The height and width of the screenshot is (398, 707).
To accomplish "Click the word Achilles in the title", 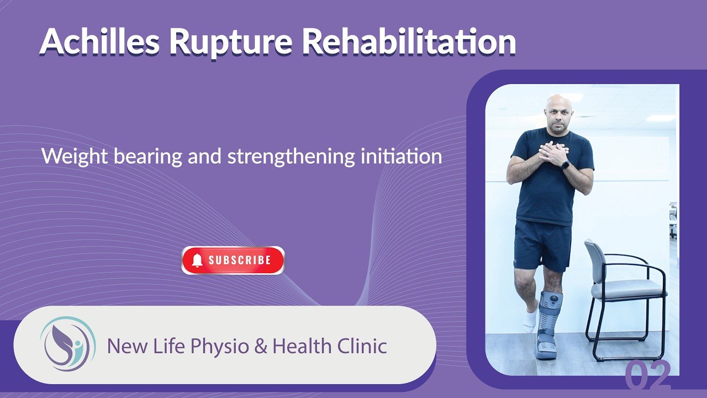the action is click(99, 41).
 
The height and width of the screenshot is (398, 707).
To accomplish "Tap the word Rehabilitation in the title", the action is click(409, 41).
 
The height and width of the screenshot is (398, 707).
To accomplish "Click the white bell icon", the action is click(197, 260).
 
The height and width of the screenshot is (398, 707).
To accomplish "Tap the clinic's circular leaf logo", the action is click(68, 344).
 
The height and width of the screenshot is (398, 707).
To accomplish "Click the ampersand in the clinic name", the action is click(260, 345).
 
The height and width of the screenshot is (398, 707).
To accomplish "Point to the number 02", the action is click(648, 375).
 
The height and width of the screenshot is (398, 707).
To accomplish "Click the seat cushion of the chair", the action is click(629, 289).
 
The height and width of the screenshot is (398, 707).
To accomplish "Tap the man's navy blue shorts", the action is click(542, 245).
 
